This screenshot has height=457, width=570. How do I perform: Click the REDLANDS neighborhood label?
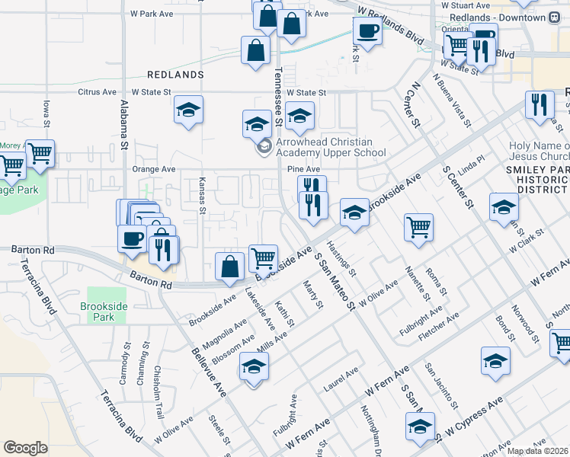point(176,75)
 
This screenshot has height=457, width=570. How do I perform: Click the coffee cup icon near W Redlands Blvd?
point(367,31)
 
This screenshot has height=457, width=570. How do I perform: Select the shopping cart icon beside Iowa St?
point(39,152)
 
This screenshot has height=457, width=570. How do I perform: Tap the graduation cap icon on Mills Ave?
point(254,367)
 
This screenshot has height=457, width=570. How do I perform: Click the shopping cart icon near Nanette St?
point(418,226)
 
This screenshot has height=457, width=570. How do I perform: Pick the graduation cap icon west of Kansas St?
point(187,110)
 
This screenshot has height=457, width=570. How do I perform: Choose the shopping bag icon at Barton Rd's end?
point(229,266)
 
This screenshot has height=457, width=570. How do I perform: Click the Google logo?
point(25,448)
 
